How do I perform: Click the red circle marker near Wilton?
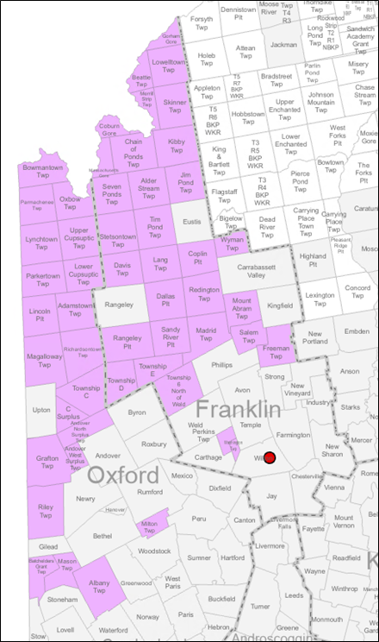(x=270, y=458)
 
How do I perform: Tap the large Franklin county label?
(x=238, y=409)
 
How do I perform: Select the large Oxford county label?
(x=123, y=475)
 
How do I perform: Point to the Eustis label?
(x=192, y=222)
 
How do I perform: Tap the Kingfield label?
(x=280, y=305)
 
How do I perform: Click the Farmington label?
(x=293, y=435)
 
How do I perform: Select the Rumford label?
(x=150, y=492)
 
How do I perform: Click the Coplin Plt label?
(x=199, y=256)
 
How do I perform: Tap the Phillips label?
(x=222, y=365)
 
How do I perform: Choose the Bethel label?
(x=103, y=536)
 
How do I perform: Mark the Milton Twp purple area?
(x=149, y=526)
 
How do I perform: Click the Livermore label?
(x=270, y=546)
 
